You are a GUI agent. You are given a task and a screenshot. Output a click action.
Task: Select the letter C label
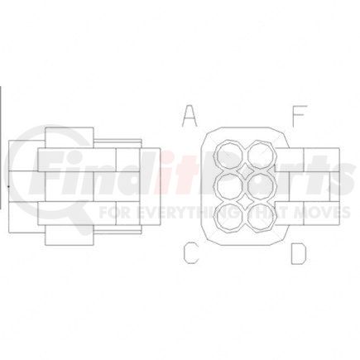[190, 253]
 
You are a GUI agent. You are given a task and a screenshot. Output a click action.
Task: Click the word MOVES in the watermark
[305, 212]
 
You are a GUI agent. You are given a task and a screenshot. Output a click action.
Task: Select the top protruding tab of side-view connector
[70, 137]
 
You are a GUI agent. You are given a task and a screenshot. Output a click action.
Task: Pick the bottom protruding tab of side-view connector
[70, 234]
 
